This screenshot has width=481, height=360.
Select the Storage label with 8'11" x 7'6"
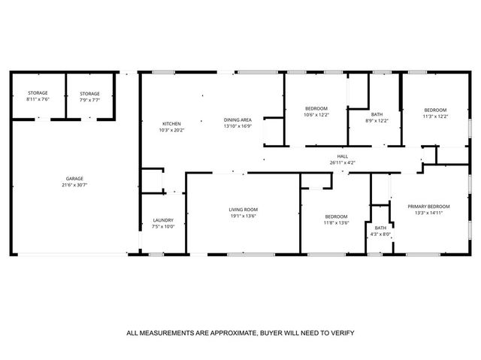pos(38,93)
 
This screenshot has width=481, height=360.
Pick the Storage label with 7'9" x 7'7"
pos(90,93)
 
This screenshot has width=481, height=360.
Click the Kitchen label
pos(172,123)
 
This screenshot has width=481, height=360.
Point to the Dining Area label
pos(237,119)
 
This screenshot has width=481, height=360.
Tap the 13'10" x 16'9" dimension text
pos(237,126)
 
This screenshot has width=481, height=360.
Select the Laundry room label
pos(163,219)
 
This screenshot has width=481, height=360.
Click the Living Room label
pos(244,209)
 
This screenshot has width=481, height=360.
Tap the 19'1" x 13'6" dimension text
pos(244,216)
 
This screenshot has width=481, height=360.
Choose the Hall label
pos(343,156)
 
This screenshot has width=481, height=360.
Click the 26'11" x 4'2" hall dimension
pos(343,162)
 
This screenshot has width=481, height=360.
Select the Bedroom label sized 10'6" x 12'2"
pos(316,109)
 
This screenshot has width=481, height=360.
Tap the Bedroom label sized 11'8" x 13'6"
pos(336,216)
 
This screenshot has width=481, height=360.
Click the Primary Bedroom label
pos(428,206)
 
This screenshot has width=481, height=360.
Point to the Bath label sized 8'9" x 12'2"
pos(376,114)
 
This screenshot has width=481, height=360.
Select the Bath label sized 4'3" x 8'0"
pos(380,228)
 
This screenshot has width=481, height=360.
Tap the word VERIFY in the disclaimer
pos(341,333)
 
